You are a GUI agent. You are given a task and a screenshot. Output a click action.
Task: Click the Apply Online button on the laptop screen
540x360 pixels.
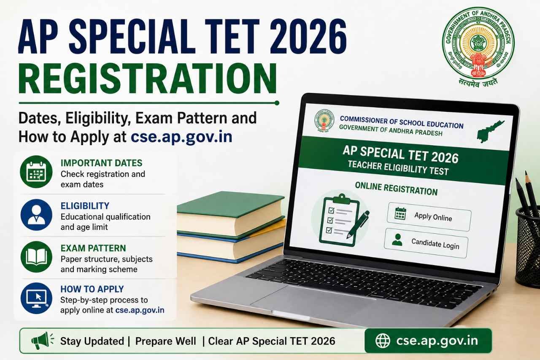pyautogui.click(x=429, y=217)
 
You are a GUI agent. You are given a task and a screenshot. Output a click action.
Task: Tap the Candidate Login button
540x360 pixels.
pyautogui.click(x=426, y=243)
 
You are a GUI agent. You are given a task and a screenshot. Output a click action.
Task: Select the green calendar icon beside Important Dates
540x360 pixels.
pyautogui.click(x=36, y=172)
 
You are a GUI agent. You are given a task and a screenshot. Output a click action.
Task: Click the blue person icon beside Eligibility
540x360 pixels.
pyautogui.click(x=36, y=214)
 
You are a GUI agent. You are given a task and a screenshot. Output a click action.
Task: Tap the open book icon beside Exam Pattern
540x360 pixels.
pyautogui.click(x=36, y=257)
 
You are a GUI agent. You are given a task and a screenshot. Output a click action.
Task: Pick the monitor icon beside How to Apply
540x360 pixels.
pyautogui.click(x=36, y=298)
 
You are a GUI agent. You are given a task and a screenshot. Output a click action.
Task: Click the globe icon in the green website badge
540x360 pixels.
pyautogui.click(x=383, y=341)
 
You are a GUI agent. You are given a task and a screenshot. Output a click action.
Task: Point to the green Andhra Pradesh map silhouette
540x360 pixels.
pyautogui.click(x=489, y=131)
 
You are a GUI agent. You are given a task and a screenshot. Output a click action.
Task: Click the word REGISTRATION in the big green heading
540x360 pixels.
pyautogui.click(x=148, y=78)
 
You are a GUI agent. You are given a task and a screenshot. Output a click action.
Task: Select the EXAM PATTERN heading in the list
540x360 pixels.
pyautogui.click(x=93, y=248)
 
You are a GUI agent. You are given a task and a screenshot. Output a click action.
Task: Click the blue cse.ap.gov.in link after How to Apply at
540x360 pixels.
pyautogui.click(x=181, y=137)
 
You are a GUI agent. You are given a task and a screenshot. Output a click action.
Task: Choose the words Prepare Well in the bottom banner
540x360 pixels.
pyautogui.click(x=166, y=341)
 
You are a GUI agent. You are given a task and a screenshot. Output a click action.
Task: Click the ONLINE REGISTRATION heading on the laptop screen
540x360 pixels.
pyautogui.click(x=396, y=189)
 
